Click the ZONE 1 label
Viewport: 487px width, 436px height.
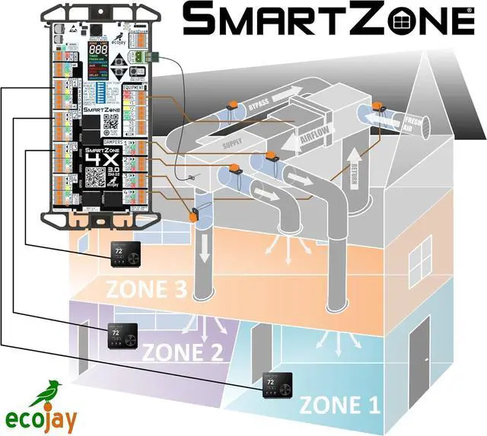pos(339,404)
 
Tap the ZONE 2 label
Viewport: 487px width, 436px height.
pos(183,352)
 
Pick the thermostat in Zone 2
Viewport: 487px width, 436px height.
pos(119,336)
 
